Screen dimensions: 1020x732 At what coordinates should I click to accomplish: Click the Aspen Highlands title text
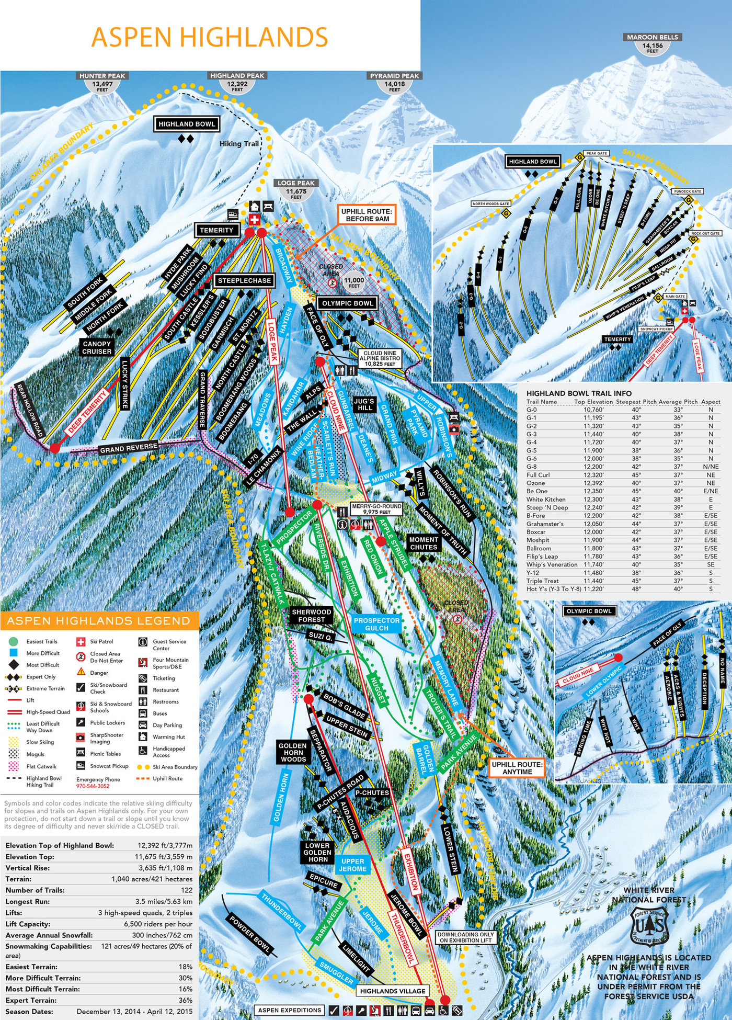(x=209, y=37)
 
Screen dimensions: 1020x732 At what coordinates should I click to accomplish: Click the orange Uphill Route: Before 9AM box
(x=366, y=215)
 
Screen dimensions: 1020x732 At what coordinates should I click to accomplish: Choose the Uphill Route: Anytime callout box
(x=517, y=768)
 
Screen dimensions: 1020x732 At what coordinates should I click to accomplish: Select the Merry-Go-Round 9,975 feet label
(x=376, y=509)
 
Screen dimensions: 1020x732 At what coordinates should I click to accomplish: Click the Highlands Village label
(x=393, y=991)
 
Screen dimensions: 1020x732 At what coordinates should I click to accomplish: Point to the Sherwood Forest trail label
(x=312, y=615)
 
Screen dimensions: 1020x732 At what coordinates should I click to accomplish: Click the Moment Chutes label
(x=424, y=543)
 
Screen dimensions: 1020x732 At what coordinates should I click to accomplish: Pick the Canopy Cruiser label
(x=97, y=348)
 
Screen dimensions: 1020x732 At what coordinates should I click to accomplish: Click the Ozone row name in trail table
(x=535, y=483)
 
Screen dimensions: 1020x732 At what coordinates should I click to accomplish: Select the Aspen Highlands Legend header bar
(x=99, y=621)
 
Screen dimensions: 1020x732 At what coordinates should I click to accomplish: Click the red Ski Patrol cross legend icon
(x=81, y=642)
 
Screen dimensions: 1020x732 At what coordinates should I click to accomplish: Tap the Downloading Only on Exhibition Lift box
(x=465, y=937)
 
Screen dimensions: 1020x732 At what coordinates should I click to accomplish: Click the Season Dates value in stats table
(x=134, y=1012)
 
